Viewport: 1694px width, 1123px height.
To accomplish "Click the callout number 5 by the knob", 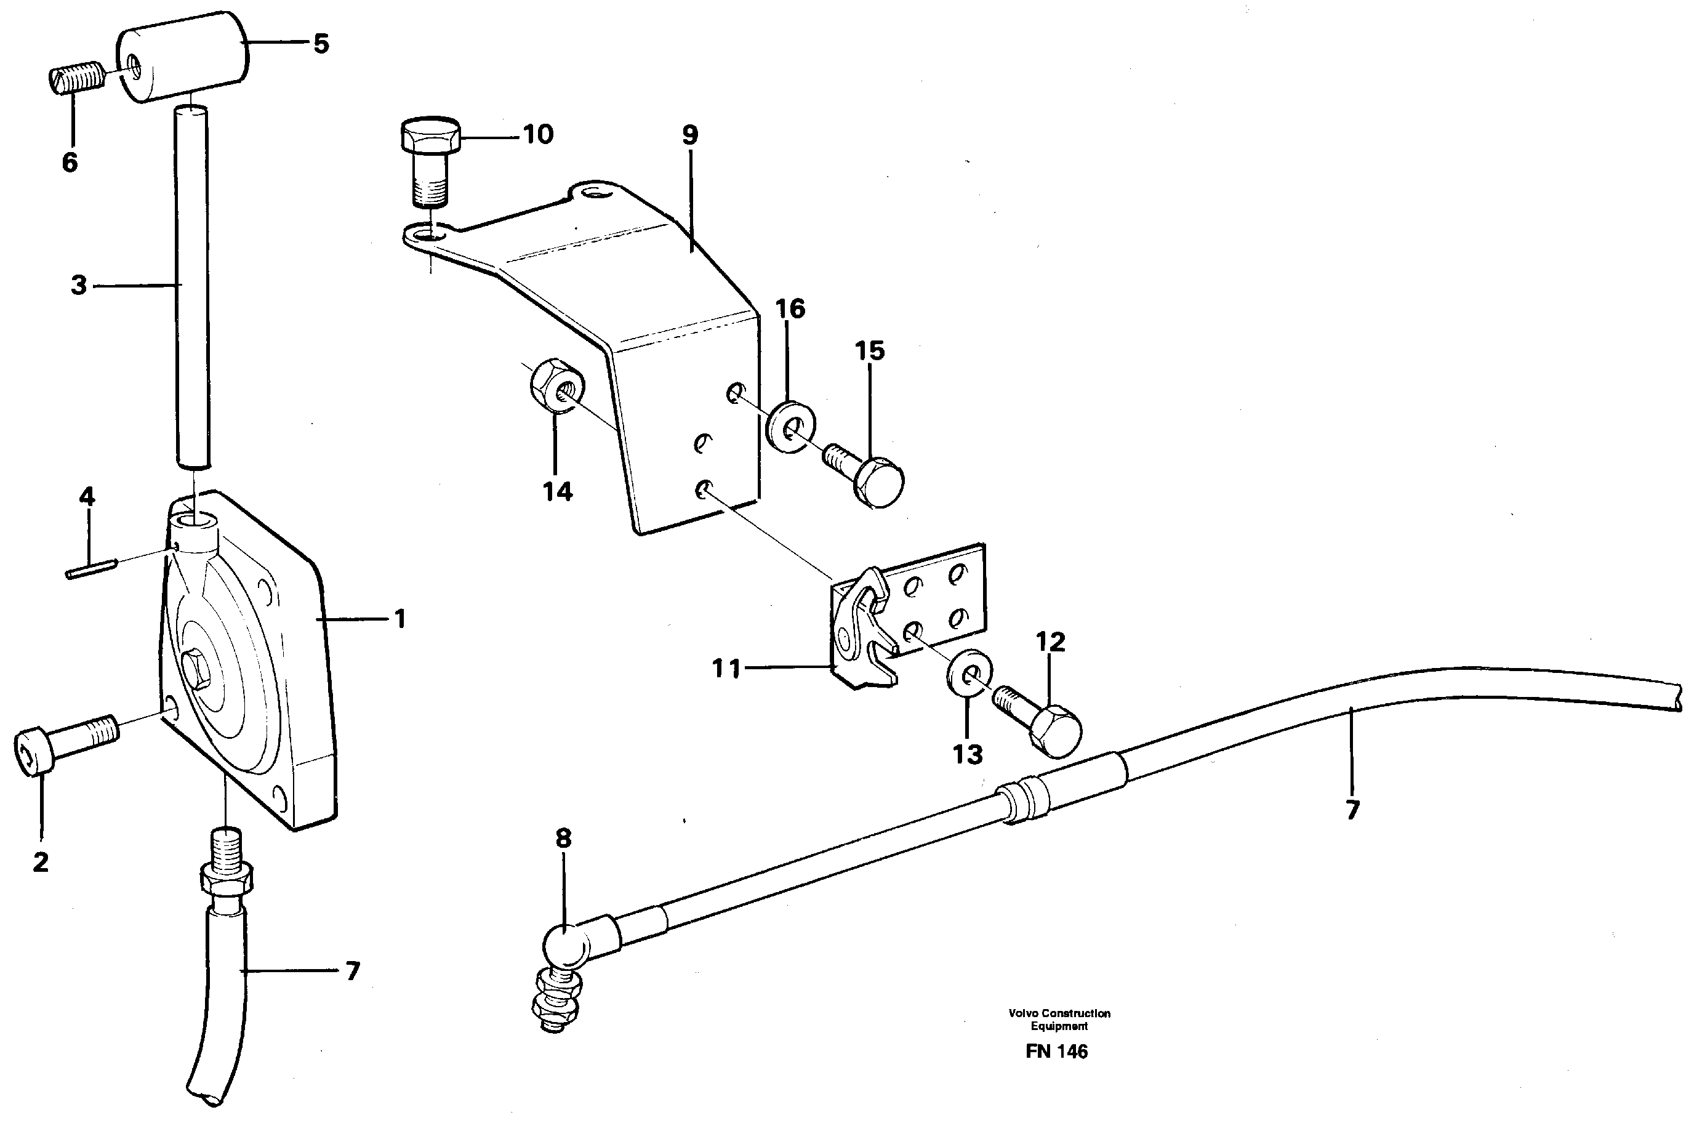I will click(321, 44).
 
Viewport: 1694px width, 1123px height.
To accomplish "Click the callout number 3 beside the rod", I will click(78, 285).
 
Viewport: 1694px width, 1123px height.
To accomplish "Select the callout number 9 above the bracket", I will click(689, 135).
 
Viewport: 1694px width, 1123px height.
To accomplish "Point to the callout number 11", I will click(725, 669).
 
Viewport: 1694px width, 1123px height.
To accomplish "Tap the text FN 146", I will click(1056, 1052).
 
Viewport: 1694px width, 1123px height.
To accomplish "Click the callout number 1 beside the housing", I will click(400, 618).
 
